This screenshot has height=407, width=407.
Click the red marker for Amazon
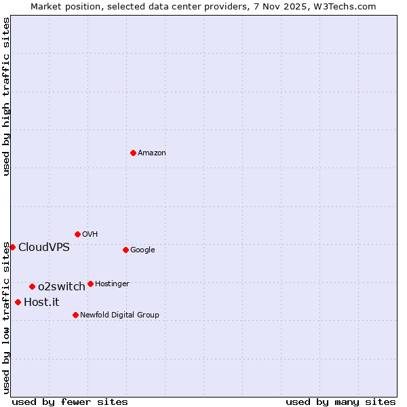[x=133, y=153]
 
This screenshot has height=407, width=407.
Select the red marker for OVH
[x=77, y=234]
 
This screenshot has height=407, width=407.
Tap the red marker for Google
[x=125, y=250]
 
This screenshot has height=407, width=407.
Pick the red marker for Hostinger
[x=90, y=284]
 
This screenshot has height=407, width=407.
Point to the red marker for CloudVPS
[x=12, y=247]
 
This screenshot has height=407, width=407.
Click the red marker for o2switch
[x=32, y=286]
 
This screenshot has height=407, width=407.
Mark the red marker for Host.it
[x=18, y=302]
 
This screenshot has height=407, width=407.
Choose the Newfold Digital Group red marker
[x=75, y=315]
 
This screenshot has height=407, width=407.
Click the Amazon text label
[x=152, y=153]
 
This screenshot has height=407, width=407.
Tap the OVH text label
[x=90, y=235]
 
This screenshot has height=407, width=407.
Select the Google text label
[x=142, y=250]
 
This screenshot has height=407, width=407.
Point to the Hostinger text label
[x=112, y=284]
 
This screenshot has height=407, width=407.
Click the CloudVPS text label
[x=44, y=247]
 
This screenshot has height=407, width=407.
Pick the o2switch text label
[x=62, y=286]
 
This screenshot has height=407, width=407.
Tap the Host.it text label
[x=41, y=302]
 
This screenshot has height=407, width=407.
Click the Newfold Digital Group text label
[x=119, y=315]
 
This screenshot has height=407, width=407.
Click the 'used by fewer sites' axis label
[x=70, y=402]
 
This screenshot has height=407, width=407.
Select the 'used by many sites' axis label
[x=341, y=402]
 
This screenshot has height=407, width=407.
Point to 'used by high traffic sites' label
[x=6, y=96]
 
